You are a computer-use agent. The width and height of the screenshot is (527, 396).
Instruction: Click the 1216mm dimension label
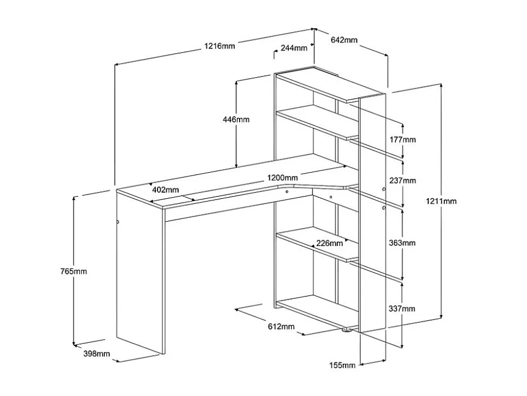[220, 46]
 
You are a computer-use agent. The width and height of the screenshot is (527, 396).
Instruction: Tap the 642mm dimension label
[344, 40]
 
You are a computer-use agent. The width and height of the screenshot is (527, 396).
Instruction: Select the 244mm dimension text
[294, 48]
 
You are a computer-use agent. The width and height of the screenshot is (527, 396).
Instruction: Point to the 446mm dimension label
[236, 120]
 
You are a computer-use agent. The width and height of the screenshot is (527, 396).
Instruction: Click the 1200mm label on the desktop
[283, 177]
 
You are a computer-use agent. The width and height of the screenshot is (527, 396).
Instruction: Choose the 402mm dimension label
[165, 190]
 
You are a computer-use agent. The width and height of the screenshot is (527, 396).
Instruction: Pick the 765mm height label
[73, 271]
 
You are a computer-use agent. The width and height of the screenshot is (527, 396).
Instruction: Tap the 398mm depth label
[97, 354]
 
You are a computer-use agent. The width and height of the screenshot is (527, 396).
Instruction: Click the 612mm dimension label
[281, 326]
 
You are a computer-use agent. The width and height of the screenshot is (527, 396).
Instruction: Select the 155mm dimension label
[342, 365]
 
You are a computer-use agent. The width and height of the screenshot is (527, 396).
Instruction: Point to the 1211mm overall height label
[441, 202]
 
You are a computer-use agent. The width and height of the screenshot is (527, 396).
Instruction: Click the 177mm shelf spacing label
[403, 140]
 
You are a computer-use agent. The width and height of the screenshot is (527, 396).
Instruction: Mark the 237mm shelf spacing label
[403, 180]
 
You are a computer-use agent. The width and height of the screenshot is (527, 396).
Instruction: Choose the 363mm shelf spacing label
[402, 243]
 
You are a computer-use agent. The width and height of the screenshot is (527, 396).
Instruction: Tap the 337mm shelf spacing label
[402, 308]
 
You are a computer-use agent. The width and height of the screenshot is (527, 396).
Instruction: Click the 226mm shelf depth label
[330, 243]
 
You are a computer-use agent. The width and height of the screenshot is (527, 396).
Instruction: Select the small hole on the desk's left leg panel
[118, 222]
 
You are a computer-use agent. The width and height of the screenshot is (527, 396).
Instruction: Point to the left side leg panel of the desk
[140, 272]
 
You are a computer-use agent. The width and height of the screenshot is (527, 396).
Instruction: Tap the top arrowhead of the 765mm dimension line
[74, 198]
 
